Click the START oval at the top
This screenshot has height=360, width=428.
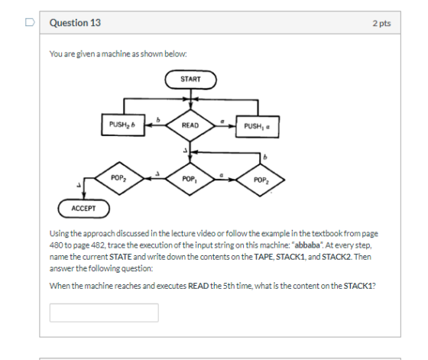190,79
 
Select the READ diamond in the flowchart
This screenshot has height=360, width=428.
190,125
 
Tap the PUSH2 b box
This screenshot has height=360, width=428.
123,125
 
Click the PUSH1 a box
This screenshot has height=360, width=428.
258,127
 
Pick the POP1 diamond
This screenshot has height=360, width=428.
190,180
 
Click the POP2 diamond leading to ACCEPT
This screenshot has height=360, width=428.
119,179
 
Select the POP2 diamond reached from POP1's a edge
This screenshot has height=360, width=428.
261,180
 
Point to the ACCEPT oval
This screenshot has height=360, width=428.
84,209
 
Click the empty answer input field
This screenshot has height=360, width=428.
104,313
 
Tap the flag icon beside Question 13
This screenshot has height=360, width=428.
30,22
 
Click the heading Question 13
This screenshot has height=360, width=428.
75,23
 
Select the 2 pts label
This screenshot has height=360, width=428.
381,23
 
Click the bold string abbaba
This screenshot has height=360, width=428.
307,245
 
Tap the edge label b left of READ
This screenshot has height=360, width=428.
158,120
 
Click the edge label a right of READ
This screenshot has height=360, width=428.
222,121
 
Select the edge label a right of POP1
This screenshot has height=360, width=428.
222,175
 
